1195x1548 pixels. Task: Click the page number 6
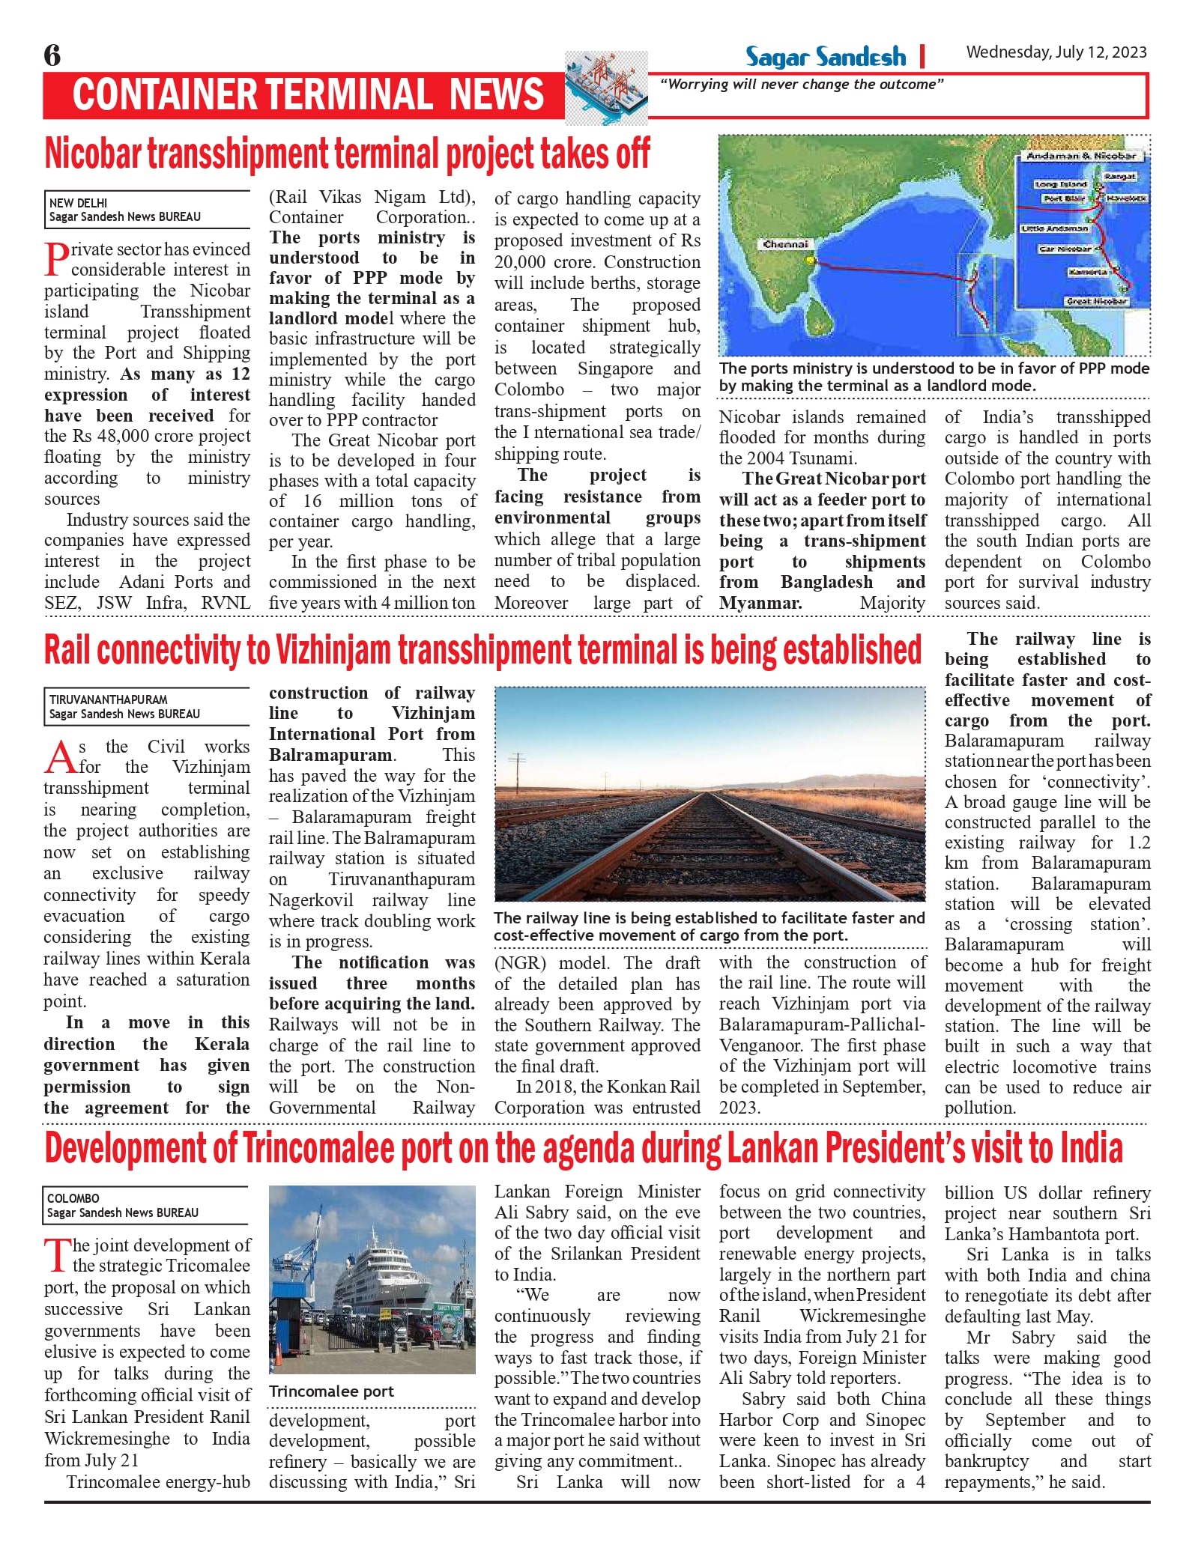tap(52, 55)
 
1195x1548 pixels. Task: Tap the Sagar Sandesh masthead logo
tap(825, 57)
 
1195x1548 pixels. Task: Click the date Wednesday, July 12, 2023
tap(1056, 52)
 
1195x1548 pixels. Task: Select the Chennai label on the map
tap(785, 244)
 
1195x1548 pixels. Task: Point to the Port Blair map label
tap(1064, 198)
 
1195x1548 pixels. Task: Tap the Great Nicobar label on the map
tap(1097, 301)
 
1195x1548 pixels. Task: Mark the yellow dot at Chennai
tap(809, 261)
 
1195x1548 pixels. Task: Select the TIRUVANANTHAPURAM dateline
tap(108, 699)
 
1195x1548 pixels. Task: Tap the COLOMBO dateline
tap(73, 1198)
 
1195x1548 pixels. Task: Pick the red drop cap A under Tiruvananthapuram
tap(60, 757)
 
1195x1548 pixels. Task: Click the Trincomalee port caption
tap(331, 1391)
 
